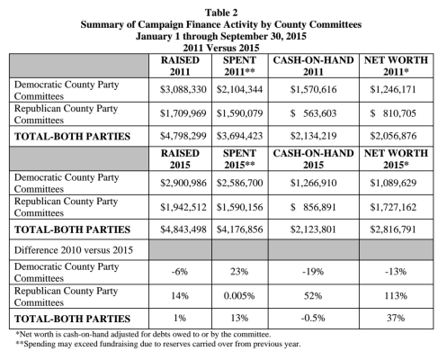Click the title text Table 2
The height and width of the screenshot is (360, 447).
click(221, 13)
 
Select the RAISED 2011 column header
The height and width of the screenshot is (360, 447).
click(180, 66)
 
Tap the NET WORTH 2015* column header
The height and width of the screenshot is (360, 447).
click(396, 159)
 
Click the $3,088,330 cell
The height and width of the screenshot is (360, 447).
click(183, 90)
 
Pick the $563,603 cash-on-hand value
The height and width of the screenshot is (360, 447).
click(313, 113)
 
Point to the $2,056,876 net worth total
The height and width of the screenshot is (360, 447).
click(393, 136)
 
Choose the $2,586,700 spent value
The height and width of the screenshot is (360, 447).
click(239, 183)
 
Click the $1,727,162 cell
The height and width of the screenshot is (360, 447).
click(393, 207)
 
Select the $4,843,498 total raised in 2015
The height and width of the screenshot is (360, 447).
click(183, 229)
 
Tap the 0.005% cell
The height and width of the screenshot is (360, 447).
click(239, 296)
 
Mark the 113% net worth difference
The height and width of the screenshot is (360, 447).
click(396, 296)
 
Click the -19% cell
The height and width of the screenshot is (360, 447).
click(313, 272)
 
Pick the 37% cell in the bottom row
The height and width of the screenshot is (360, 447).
click(396, 318)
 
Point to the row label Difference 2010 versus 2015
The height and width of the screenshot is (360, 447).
click(74, 250)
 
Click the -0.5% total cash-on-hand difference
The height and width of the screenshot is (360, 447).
click(313, 318)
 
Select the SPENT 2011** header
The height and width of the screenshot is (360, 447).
click(239, 66)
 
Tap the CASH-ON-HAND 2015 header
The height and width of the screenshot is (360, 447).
click(313, 159)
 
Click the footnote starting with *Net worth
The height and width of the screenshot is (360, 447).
click(143, 334)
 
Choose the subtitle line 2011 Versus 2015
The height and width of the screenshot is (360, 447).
click(221, 48)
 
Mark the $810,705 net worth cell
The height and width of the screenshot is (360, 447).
click(393, 113)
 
